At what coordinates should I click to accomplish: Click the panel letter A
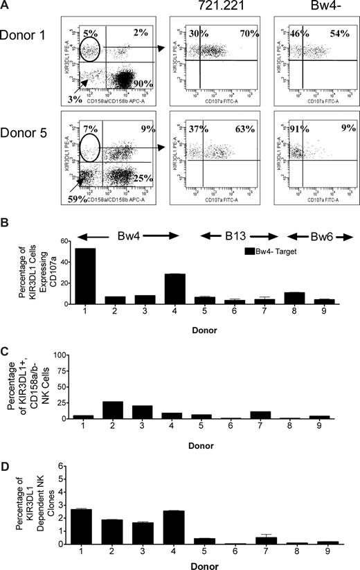pyautogui.click(x=6, y=6)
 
